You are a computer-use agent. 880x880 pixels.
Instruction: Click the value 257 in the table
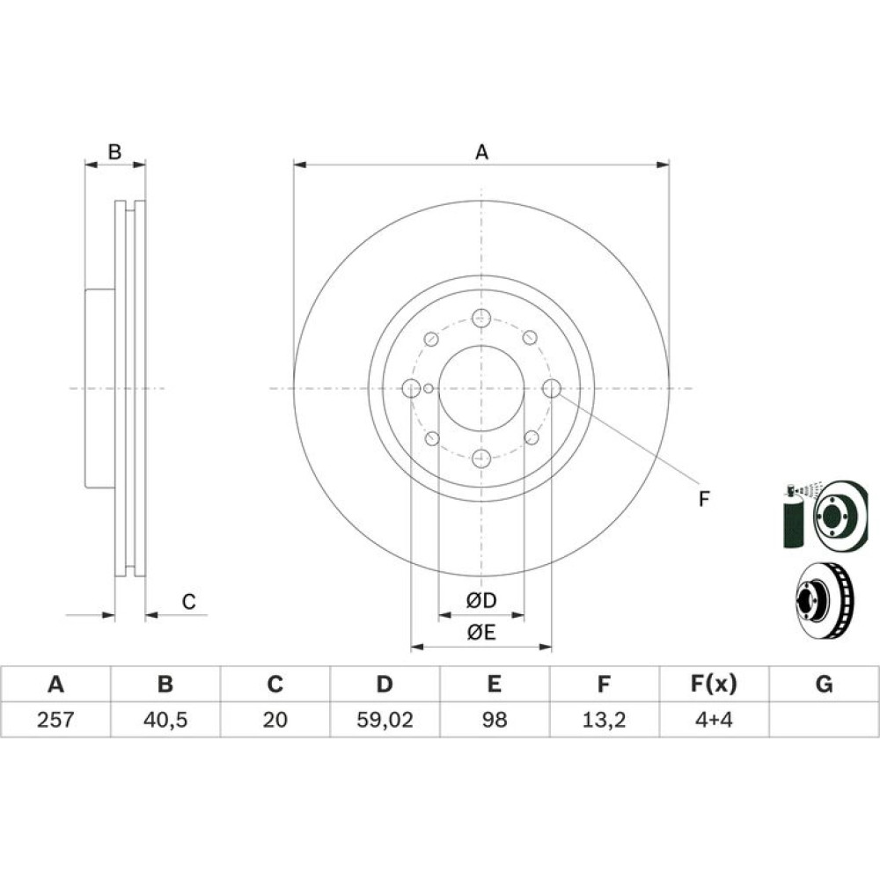coord(55,720)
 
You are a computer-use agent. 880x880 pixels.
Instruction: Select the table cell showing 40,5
coord(165,720)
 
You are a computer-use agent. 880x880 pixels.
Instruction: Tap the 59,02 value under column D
coord(385,720)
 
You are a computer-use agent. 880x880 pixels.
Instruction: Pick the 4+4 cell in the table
coord(714,720)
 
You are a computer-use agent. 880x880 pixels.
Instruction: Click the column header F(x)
coord(714,684)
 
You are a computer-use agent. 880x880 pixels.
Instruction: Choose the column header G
coord(824,684)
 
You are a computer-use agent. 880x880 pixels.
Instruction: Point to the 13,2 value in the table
coord(604,720)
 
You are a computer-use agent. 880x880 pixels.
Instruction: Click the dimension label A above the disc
coord(481,152)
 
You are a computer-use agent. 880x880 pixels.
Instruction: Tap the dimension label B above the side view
coord(114,151)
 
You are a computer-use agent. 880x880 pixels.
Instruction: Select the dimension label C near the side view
coord(188,602)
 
